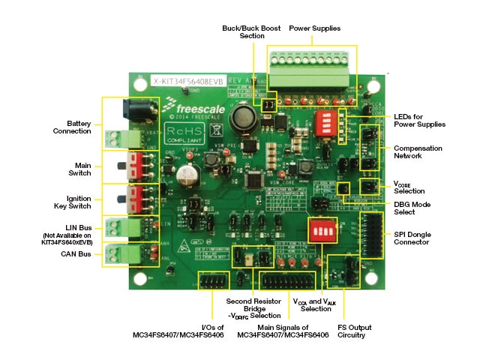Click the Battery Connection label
pyautogui.click(x=78, y=127)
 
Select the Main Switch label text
pyautogui.click(x=82, y=169)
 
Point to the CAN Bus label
pyautogui.click(x=77, y=254)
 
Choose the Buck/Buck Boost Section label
pyautogui.click(x=251, y=31)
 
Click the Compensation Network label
pyautogui.click(x=418, y=153)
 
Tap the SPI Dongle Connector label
pyautogui.click(x=417, y=238)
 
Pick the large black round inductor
pyautogui.click(x=244, y=118)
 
